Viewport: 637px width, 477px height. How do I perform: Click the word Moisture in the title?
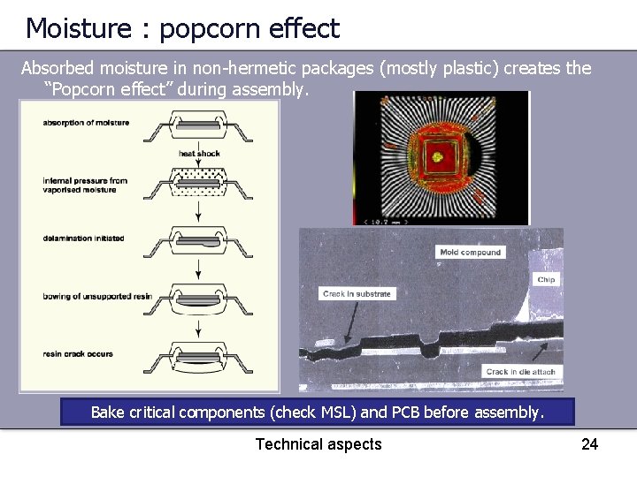point(79,28)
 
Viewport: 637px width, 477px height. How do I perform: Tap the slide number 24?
point(589,444)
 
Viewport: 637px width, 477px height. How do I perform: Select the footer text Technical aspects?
point(318,444)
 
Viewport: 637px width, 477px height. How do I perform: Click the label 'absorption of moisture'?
point(86,123)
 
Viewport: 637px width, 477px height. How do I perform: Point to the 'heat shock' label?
point(199,154)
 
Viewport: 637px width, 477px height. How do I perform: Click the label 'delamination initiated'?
point(83,238)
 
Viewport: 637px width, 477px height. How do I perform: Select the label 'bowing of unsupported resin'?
point(97,296)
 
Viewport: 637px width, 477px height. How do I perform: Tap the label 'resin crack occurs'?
point(78,354)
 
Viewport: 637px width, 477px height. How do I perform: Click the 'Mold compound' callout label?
point(471,253)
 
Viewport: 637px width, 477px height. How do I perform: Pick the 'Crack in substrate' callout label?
point(357,294)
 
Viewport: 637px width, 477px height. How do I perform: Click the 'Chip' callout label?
point(546,280)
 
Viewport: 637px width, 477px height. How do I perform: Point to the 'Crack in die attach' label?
point(520,372)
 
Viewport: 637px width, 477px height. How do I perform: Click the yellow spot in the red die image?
point(436,158)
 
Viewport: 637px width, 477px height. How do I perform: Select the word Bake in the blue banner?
point(109,413)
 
